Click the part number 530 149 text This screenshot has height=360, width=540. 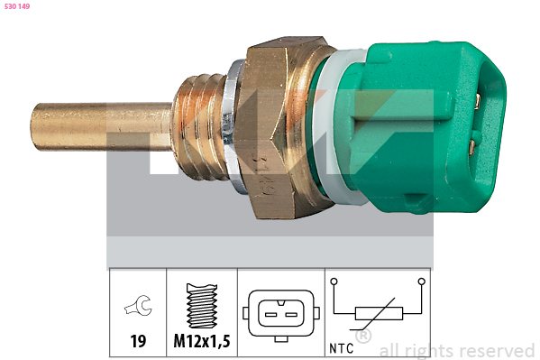point(17,6)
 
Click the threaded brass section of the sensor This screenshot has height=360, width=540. point(201,126)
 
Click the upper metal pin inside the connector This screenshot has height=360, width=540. point(477,103)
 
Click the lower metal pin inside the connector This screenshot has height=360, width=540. point(472,147)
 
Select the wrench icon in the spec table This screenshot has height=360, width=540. point(138,306)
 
